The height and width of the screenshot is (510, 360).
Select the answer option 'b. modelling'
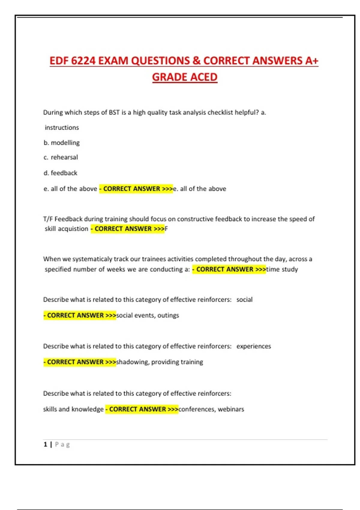tap(61, 143)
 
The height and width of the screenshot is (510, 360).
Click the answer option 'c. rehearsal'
tap(61, 157)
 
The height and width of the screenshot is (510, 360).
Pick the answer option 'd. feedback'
tap(60, 173)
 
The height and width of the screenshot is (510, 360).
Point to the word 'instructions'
tap(62, 127)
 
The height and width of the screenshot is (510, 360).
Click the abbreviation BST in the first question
tap(114, 112)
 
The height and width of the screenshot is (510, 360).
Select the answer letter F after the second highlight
tap(166, 229)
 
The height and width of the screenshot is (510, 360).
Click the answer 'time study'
tap(282, 269)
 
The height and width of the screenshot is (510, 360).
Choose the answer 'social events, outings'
tap(148, 315)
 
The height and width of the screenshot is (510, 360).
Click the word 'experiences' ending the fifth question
tap(253, 346)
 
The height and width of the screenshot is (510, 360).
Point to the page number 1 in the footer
tap(45, 444)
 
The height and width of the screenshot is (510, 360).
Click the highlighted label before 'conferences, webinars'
tap(142, 409)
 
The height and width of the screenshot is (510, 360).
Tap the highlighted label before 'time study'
tap(229, 269)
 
